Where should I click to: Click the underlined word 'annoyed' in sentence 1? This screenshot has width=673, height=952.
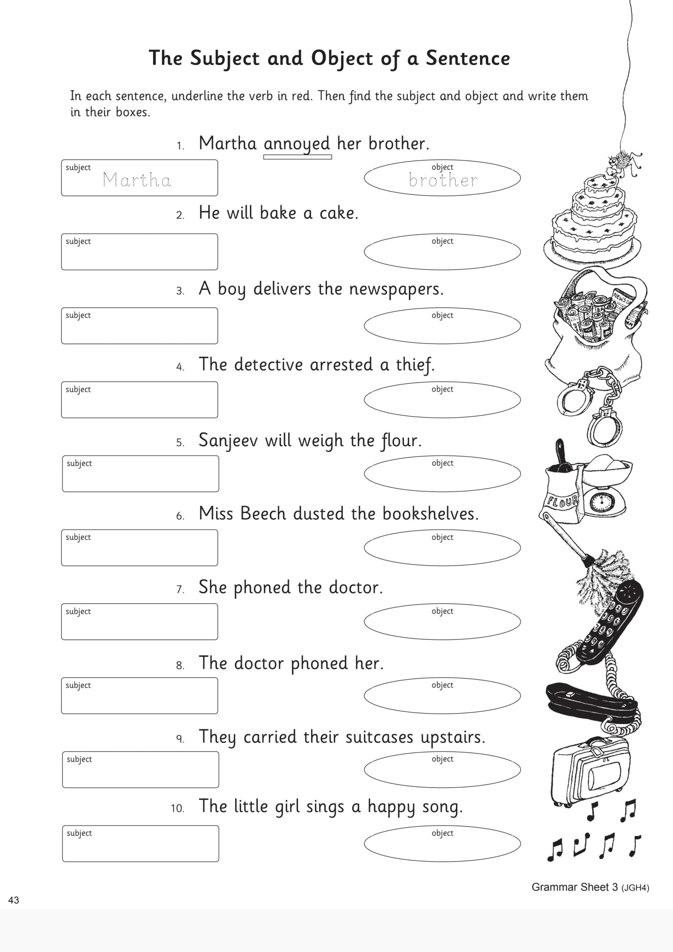(297, 144)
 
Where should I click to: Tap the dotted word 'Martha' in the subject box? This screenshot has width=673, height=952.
(137, 180)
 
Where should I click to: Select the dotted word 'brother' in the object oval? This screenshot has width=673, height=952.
(443, 180)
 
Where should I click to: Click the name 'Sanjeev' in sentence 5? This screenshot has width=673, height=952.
(228, 440)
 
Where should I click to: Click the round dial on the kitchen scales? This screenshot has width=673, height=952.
(598, 502)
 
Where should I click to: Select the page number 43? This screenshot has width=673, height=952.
(14, 900)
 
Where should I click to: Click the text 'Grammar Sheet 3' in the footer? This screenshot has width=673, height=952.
(574, 887)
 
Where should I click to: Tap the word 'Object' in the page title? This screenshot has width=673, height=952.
(342, 58)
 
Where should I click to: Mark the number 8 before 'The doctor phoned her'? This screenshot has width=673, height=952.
(180, 665)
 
